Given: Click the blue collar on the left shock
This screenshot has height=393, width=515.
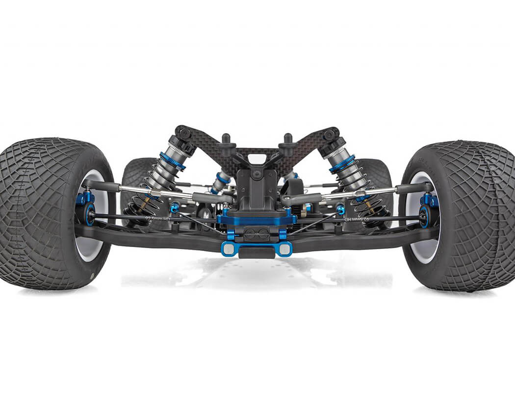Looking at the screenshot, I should [x=172, y=162].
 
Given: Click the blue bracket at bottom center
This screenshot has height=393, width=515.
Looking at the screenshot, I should [x=257, y=249].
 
